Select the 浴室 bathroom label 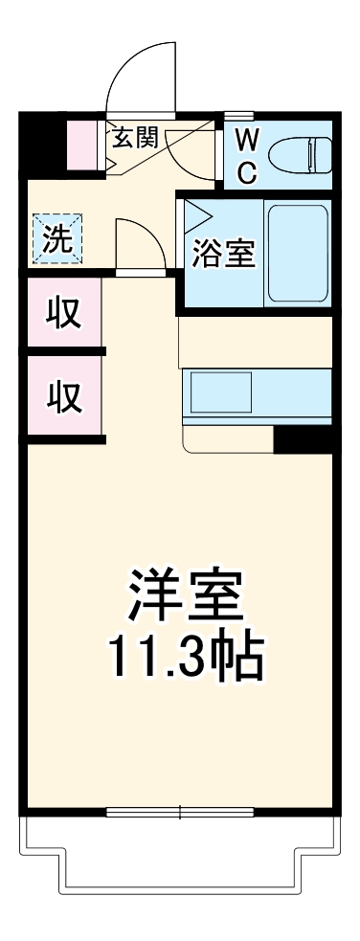click(x=223, y=255)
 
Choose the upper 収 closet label click(x=63, y=313)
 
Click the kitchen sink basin click(x=220, y=391)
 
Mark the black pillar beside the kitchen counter click(x=303, y=438)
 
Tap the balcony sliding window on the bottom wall click(x=179, y=813)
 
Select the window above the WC click(x=278, y=117)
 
